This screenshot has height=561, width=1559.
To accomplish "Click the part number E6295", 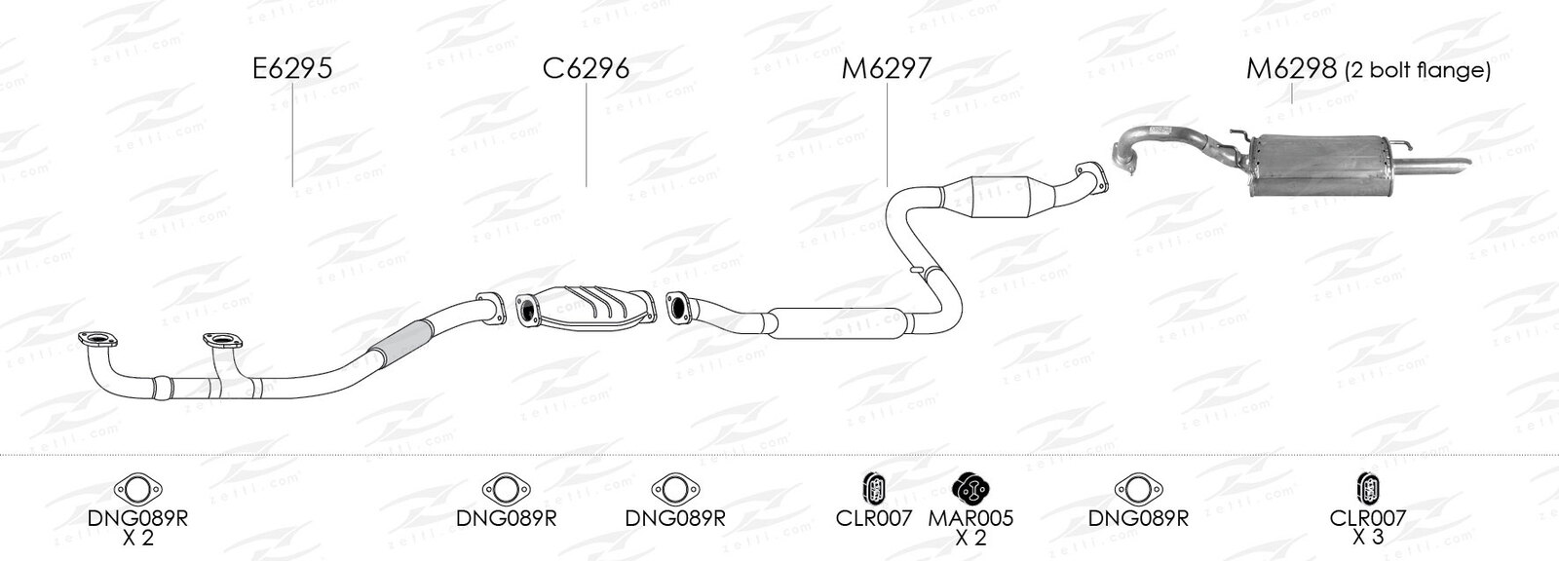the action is (x=292, y=68).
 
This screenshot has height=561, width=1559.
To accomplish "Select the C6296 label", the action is (x=586, y=68).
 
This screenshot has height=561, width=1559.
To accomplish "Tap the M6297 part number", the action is (x=886, y=68).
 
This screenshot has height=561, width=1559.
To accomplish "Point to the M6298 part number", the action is (x=1291, y=68).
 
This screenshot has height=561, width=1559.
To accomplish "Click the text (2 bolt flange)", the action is (x=1418, y=70).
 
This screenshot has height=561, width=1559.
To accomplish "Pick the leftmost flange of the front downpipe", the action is (x=97, y=339).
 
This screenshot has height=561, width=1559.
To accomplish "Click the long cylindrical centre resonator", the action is (x=839, y=323).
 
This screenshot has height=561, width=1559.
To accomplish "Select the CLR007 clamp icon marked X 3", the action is (x=1368, y=489).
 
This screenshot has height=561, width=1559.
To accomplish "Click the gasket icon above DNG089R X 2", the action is (x=137, y=489).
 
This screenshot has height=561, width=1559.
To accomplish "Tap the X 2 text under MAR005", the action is (x=970, y=537).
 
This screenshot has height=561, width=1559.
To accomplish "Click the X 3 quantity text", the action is (x=1368, y=536).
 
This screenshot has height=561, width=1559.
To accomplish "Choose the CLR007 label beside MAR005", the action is (x=873, y=518).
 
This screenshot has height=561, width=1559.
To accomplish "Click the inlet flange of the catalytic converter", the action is (x=527, y=311).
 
